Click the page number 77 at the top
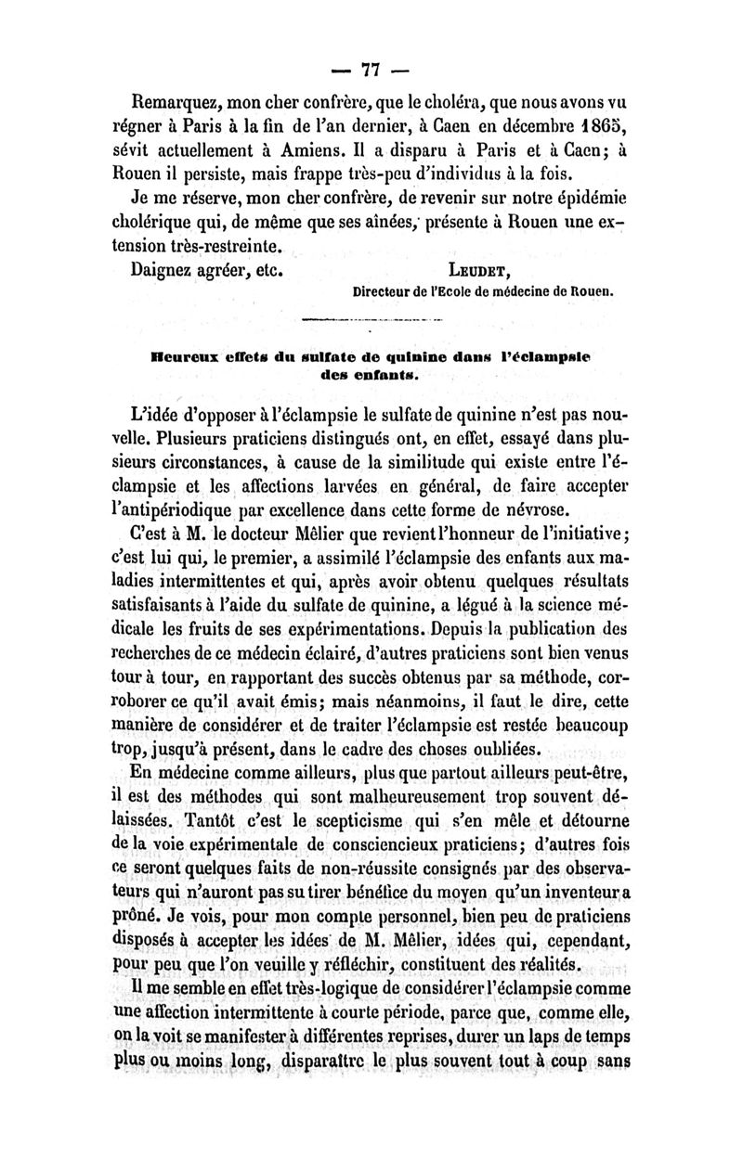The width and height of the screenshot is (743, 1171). click(x=371, y=69)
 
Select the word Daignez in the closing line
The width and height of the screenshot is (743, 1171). click(x=163, y=272)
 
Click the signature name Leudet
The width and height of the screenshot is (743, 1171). click(x=477, y=273)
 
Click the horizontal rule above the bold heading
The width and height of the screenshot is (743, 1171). click(x=371, y=322)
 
